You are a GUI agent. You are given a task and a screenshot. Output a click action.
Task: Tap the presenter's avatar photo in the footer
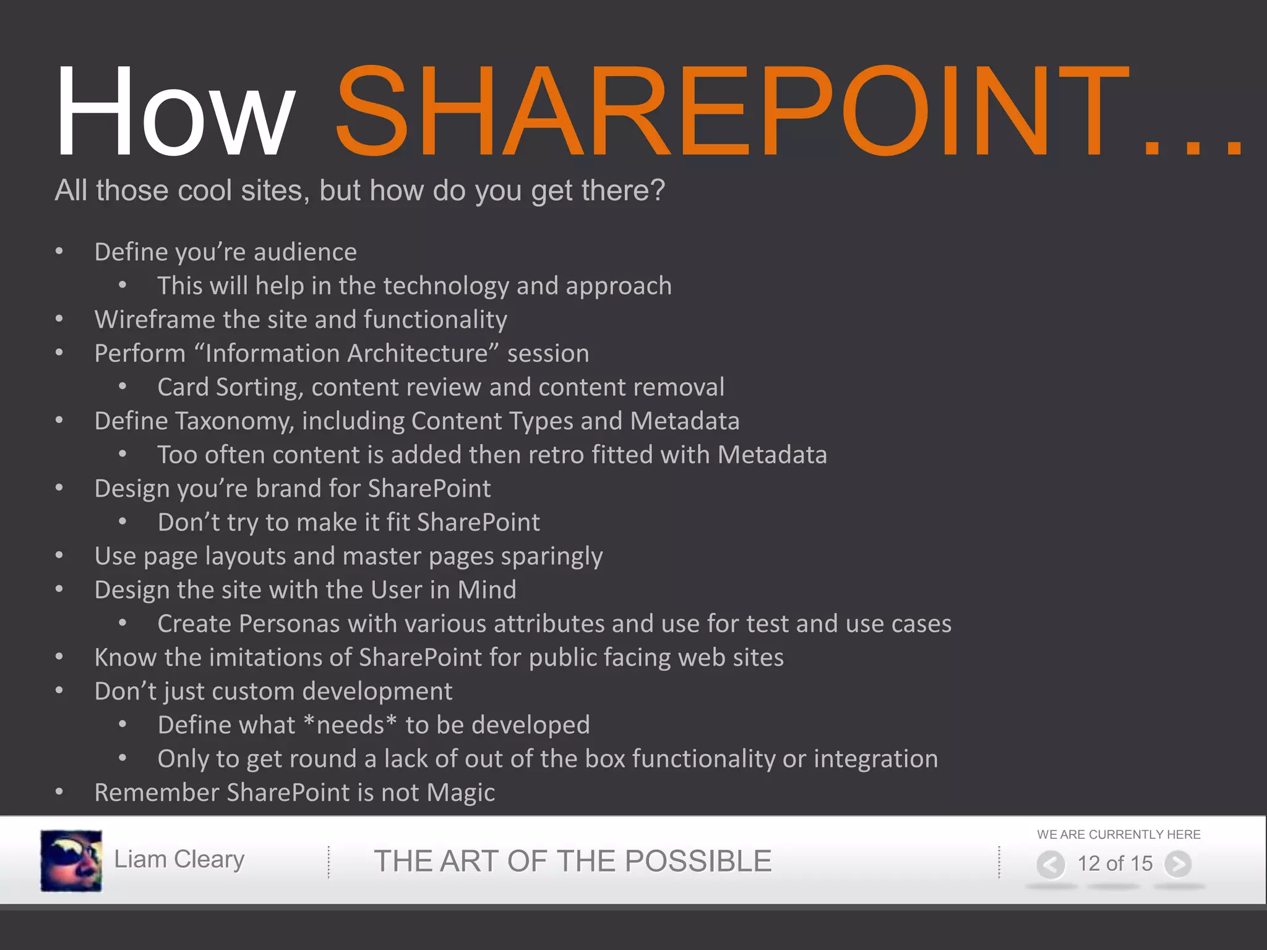tap(71, 860)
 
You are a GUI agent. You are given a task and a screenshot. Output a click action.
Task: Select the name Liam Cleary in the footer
tap(179, 860)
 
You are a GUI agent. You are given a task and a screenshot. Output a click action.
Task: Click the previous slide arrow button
tap(1050, 864)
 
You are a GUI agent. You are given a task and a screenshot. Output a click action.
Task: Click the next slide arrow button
tap(1178, 864)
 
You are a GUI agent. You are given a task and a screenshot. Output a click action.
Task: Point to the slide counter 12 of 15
tap(1115, 863)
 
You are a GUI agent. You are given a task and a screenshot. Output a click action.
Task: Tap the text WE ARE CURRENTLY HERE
tap(1119, 834)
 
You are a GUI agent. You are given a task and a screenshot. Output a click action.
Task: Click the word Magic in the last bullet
tap(461, 793)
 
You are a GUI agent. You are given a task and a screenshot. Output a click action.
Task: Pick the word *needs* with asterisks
tap(350, 725)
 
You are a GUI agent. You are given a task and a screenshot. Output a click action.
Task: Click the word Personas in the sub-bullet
tap(289, 624)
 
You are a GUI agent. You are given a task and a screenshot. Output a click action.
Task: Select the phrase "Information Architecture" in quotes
tap(346, 354)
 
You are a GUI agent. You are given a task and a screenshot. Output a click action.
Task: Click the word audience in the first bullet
tap(305, 252)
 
